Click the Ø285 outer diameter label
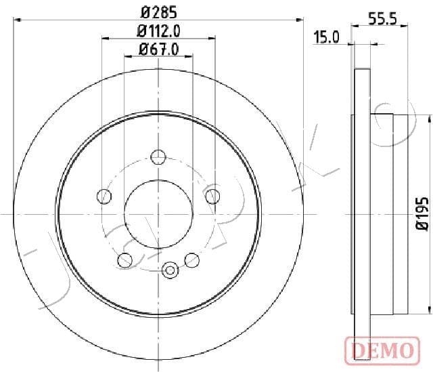[x=158, y=12]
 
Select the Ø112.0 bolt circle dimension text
[x=158, y=30]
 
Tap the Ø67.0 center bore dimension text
[x=158, y=49]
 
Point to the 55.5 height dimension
[x=382, y=20]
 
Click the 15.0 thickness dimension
[x=326, y=37]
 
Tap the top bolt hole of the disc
[x=158, y=157]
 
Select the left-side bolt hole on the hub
[x=104, y=196]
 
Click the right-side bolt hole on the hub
[x=212, y=196]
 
